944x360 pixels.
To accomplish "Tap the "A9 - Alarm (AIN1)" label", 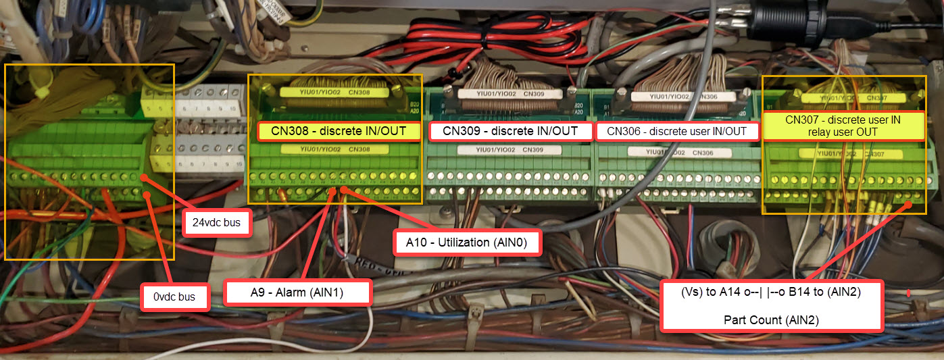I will click(x=298, y=292).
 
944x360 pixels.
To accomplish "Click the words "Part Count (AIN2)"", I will click(x=771, y=320).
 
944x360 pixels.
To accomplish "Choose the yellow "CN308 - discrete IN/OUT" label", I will click(x=339, y=131).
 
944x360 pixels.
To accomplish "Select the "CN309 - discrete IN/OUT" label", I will click(x=510, y=131).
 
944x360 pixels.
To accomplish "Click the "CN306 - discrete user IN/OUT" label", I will click(x=676, y=131).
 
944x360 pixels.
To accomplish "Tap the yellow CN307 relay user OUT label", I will click(x=843, y=126).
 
